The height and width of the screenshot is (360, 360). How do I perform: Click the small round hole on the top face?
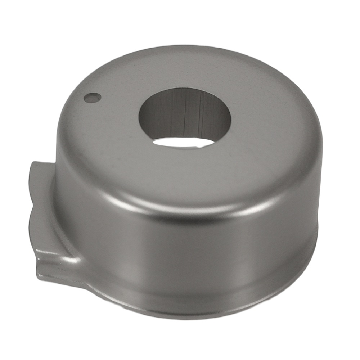click(x=92, y=98)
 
